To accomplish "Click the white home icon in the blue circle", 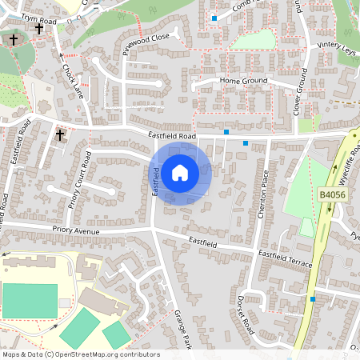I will [179, 171].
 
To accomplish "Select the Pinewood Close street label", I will [146, 48].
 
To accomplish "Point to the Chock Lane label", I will [73, 80].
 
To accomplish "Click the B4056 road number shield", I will [331, 195].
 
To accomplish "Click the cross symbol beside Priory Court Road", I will [60, 135].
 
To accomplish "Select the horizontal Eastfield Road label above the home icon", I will [172, 137].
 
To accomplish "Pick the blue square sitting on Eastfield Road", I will [227, 131].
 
